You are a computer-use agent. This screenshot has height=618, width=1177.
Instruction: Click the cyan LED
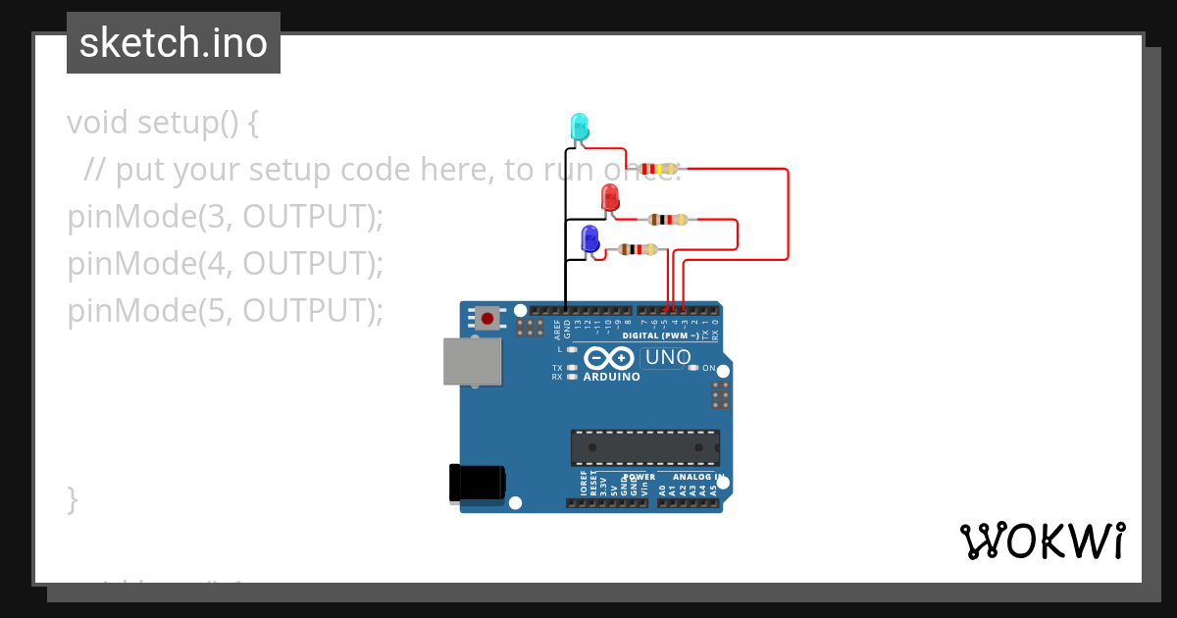click(x=580, y=127)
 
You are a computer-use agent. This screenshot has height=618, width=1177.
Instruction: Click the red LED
click(x=610, y=197)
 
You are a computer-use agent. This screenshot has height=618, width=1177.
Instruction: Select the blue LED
click(x=590, y=238)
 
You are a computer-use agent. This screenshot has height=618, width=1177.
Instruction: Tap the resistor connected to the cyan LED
click(x=659, y=169)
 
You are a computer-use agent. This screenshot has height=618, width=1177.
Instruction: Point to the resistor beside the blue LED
click(x=638, y=250)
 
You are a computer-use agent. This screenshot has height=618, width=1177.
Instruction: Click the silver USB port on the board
click(x=472, y=361)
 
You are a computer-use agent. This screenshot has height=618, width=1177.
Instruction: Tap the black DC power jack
click(x=477, y=482)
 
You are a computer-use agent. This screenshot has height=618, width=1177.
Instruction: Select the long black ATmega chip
click(x=645, y=447)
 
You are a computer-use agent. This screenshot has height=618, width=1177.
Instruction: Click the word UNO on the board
click(x=668, y=358)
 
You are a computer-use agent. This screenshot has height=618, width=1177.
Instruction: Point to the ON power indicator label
click(x=708, y=368)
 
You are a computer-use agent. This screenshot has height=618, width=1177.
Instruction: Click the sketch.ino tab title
click(x=174, y=43)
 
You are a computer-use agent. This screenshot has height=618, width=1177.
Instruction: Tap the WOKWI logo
click(x=1043, y=541)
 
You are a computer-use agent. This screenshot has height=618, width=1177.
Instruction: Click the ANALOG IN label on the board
click(x=697, y=478)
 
